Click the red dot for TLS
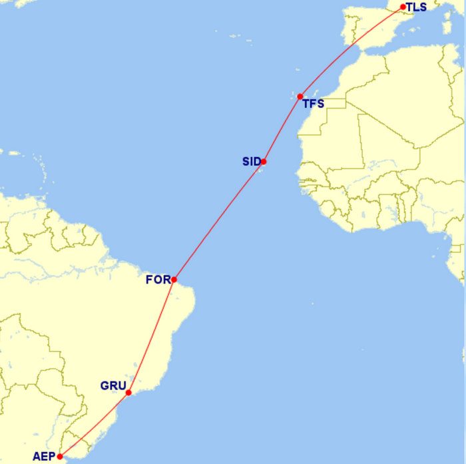point(403,7)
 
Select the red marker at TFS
point(300,97)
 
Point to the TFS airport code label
point(313,104)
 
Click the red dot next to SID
point(264,161)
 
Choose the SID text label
point(251,161)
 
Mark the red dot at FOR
point(174,280)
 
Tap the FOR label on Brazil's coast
point(158,280)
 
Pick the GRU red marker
point(128,393)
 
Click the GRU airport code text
point(113,385)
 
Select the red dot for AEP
point(60,457)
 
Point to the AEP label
point(44,457)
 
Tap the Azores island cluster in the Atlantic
point(234,35)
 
